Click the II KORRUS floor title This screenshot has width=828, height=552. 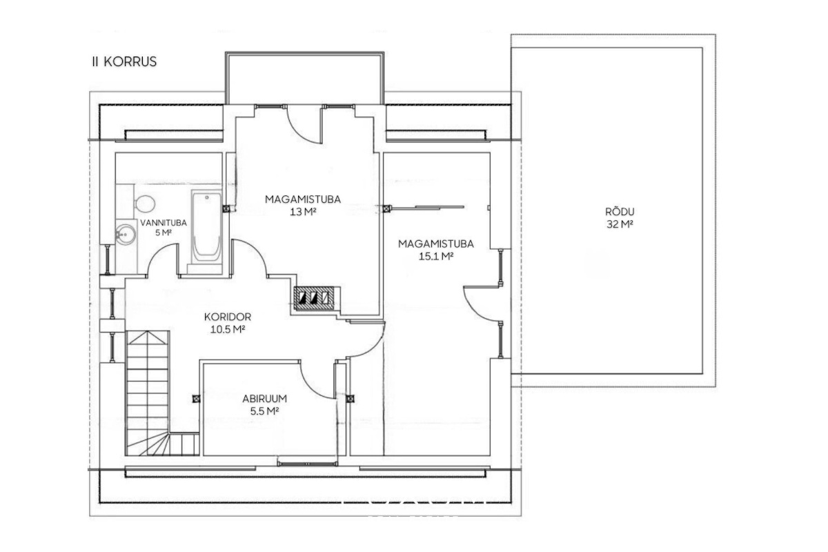[124, 61]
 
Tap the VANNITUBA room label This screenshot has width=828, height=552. [164, 223]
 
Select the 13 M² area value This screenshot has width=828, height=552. [303, 213]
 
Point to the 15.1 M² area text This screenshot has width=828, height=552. [436, 256]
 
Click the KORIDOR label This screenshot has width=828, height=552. [228, 317]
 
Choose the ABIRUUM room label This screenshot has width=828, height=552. [265, 399]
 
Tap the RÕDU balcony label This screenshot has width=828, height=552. [620, 211]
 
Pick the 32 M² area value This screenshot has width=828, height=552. [620, 224]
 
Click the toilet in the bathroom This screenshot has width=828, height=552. [142, 204]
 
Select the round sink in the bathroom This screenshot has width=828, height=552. [126, 235]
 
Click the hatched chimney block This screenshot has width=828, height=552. [314, 298]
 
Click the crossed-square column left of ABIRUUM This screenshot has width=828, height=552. [196, 399]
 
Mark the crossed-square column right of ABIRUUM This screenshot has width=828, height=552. [350, 399]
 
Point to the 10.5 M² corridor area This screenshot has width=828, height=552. [228, 329]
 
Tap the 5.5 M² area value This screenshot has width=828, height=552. [265, 411]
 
